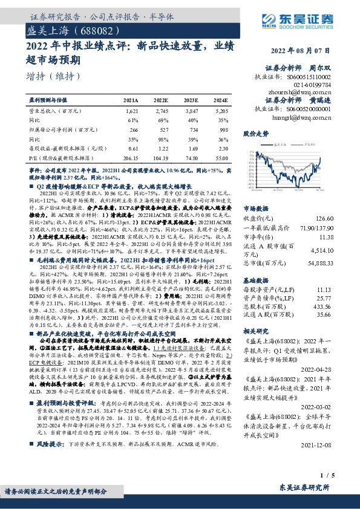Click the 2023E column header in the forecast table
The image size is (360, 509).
[191, 100]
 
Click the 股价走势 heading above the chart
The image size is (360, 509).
[255, 132]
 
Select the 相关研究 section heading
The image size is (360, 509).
[255, 332]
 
